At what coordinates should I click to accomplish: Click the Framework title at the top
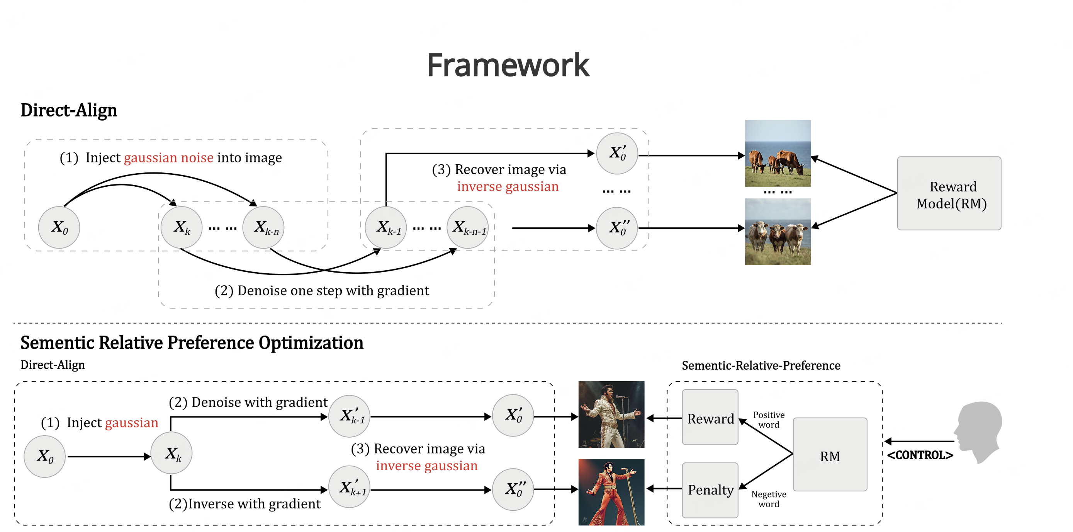point(508,65)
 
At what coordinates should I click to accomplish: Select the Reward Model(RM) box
point(949,193)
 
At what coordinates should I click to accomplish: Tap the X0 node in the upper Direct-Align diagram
point(59,228)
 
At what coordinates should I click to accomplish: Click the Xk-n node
point(263,228)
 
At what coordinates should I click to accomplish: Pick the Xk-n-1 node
point(468,228)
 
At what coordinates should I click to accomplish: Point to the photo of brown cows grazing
point(777,153)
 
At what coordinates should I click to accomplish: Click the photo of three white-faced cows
point(777,232)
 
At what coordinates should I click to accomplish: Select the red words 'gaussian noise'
point(168,158)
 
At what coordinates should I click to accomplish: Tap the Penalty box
point(710,490)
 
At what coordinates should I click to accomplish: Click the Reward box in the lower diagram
point(710,418)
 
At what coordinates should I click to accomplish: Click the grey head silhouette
point(979,431)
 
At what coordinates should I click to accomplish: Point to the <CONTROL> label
point(920,455)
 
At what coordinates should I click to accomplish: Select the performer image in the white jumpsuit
point(611,414)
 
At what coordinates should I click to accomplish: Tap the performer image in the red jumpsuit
point(611,492)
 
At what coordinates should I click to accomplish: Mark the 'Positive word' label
point(769,420)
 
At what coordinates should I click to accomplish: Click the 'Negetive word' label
point(769,499)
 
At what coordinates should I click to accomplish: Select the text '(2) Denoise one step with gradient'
point(322,291)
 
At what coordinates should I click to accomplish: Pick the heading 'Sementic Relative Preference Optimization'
point(192,343)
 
